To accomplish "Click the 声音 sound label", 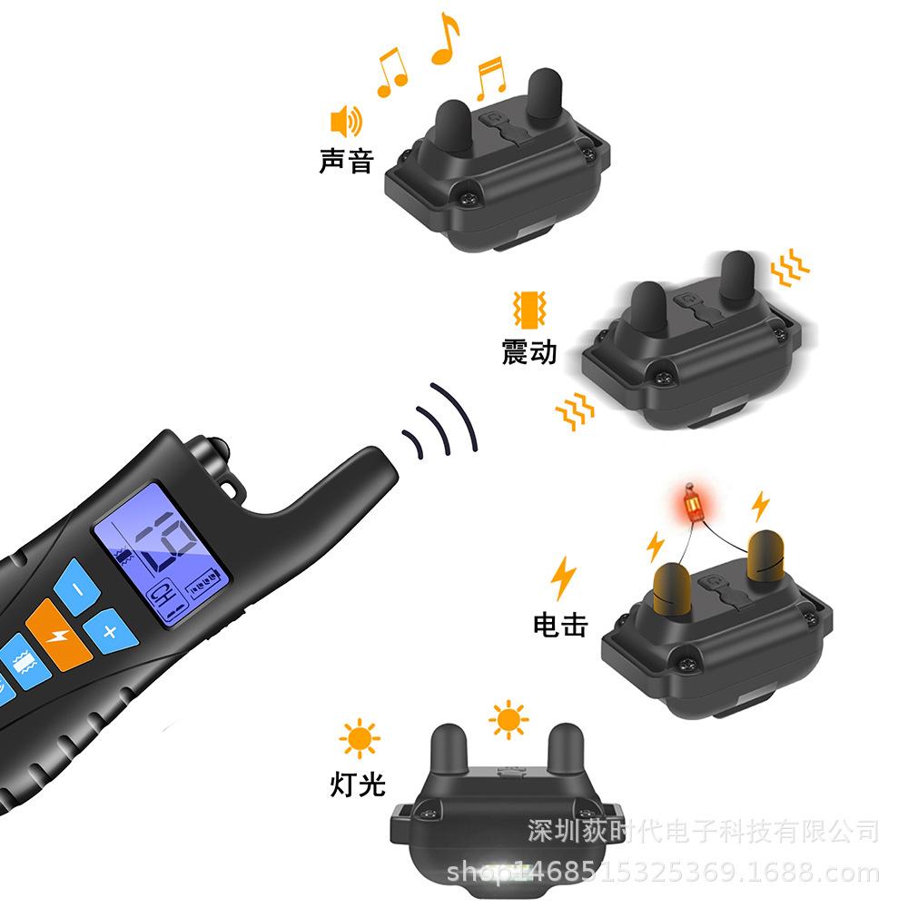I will [346, 161].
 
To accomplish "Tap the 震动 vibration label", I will [529, 350].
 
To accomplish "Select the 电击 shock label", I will [559, 624].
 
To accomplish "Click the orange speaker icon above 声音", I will [346, 120].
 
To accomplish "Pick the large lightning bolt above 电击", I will [564, 577].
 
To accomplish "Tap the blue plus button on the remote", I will [108, 629].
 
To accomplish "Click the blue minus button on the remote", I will [78, 589].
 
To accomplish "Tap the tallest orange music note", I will [445, 39].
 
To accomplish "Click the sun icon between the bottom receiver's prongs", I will [508, 721].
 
